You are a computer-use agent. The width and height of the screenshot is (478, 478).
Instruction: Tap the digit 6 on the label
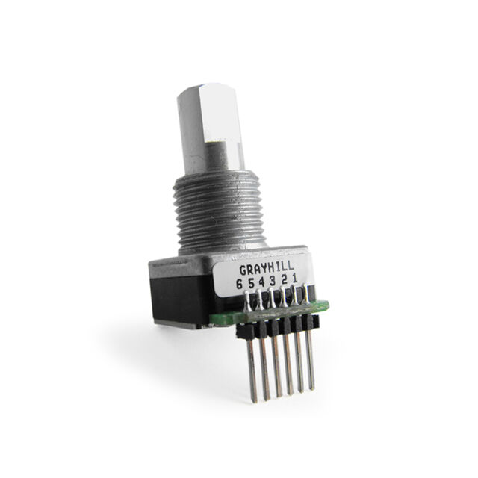click(239, 284)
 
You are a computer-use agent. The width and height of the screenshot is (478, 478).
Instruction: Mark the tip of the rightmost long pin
click(311, 388)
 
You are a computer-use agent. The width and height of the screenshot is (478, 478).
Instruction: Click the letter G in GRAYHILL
click(243, 270)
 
